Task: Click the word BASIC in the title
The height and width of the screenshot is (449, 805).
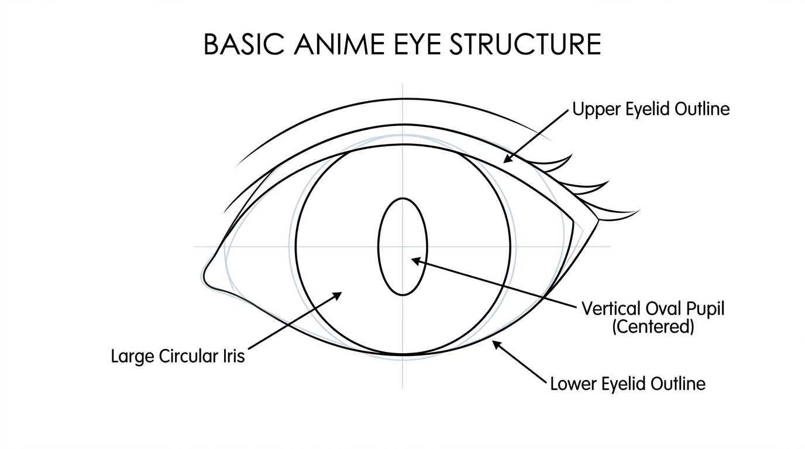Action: pyautogui.click(x=244, y=44)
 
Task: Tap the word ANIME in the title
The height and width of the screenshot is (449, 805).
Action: pyautogui.click(x=339, y=44)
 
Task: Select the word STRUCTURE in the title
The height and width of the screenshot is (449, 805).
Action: pyautogui.click(x=526, y=44)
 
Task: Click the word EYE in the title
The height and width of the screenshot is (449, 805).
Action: pyautogui.click(x=417, y=44)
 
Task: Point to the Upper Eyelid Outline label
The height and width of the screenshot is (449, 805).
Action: pyautogui.click(x=651, y=109)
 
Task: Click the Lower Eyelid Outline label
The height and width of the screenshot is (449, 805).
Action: pyautogui.click(x=628, y=384)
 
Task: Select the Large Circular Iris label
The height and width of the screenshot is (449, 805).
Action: pyautogui.click(x=178, y=356)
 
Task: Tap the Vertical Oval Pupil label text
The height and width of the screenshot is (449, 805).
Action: pyautogui.click(x=653, y=309)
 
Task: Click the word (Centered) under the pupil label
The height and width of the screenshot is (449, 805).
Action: pyautogui.click(x=653, y=327)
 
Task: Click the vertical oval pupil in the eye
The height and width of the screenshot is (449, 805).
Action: pyautogui.click(x=403, y=247)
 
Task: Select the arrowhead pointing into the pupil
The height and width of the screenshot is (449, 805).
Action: pyautogui.click(x=415, y=261)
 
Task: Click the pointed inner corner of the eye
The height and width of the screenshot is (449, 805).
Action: pyautogui.click(x=204, y=278)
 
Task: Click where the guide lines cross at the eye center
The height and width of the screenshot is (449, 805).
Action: pyautogui.click(x=402, y=247)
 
